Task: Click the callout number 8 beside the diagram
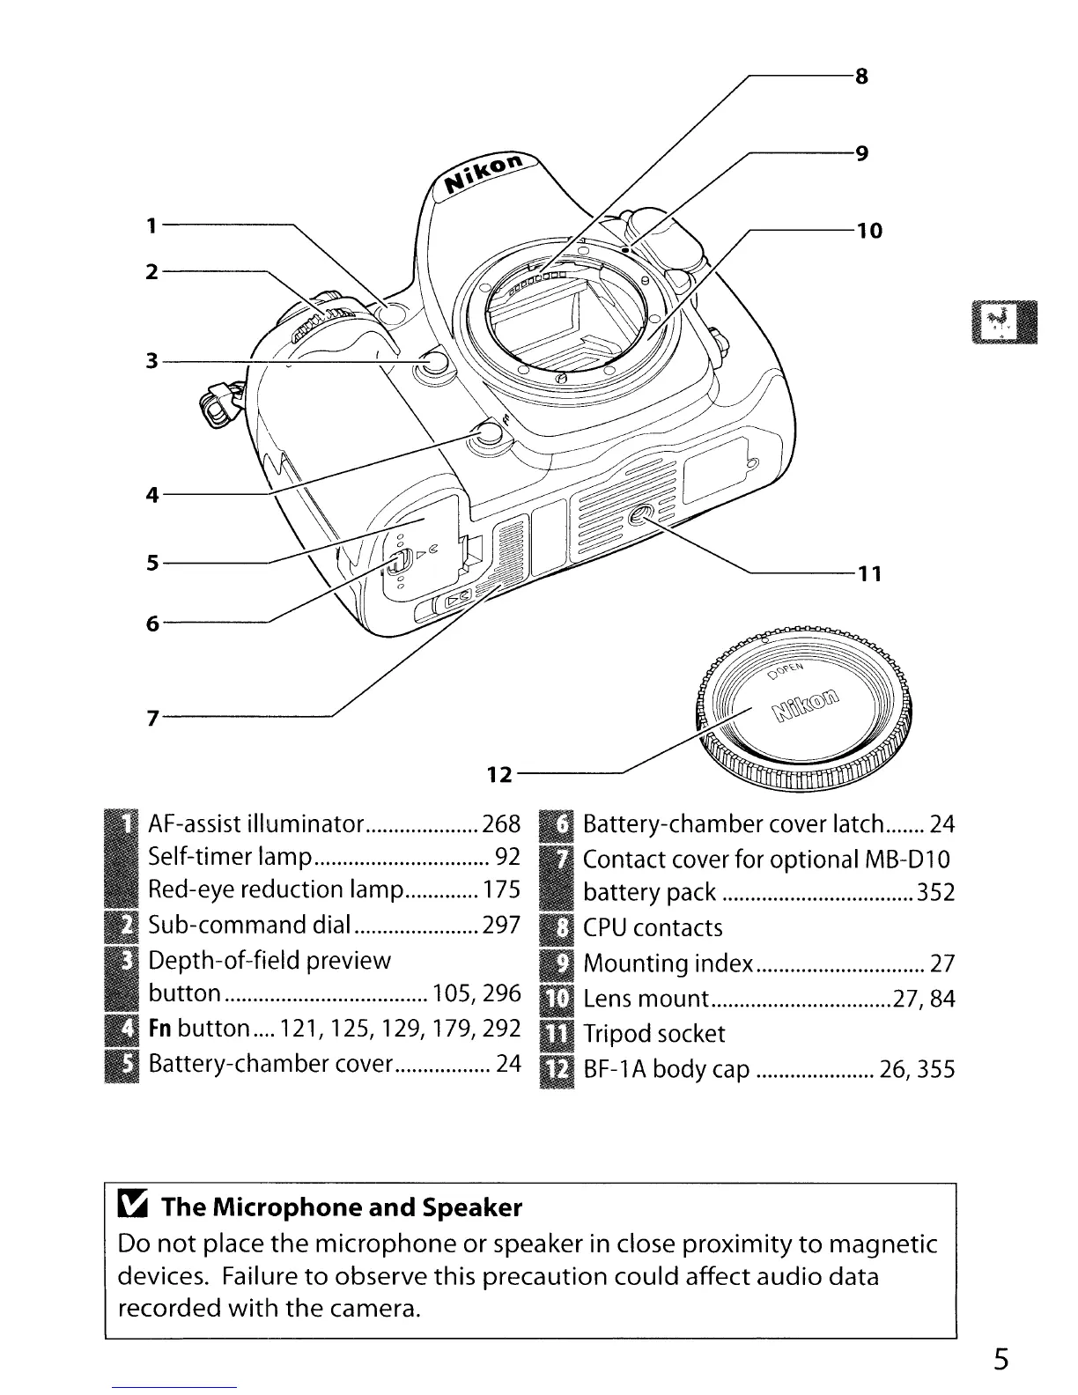pyautogui.click(x=861, y=77)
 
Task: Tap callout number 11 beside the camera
pyautogui.click(x=870, y=574)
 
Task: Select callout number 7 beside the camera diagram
pyautogui.click(x=153, y=718)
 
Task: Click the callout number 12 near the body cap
pyautogui.click(x=499, y=775)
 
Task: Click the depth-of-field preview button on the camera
pyautogui.click(x=435, y=364)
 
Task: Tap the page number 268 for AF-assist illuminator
pyautogui.click(x=501, y=823)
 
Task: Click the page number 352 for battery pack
pyautogui.click(x=935, y=892)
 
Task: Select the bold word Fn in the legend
pyautogui.click(x=160, y=1029)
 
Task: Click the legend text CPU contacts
pyautogui.click(x=653, y=927)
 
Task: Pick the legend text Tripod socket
pyautogui.click(x=653, y=1034)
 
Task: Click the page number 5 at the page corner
pyautogui.click(x=1001, y=1360)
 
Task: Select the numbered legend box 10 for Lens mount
pyautogui.click(x=557, y=999)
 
